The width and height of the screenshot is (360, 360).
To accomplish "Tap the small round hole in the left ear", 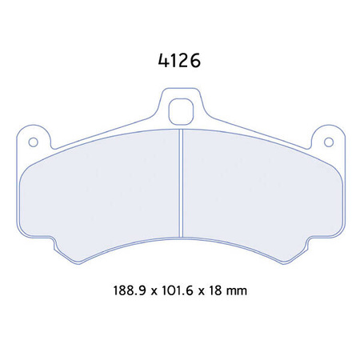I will pyautogui.click(x=34, y=143).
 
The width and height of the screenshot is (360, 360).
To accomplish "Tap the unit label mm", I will pyautogui.click(x=238, y=291).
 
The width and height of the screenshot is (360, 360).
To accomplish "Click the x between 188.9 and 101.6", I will pyautogui.click(x=156, y=292).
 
